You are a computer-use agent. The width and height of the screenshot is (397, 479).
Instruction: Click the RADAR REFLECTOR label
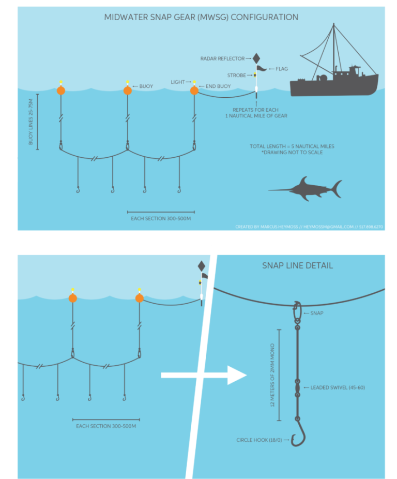point(222,58)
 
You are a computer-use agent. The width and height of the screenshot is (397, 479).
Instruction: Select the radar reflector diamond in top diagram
point(256,58)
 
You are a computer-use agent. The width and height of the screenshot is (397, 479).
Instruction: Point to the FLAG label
point(282,69)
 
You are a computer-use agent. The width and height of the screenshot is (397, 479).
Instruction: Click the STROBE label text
point(236,76)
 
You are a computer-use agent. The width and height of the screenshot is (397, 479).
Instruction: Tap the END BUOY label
point(218,86)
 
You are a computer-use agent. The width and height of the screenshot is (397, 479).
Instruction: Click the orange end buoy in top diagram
point(194,91)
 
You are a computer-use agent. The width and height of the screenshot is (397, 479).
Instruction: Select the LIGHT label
point(178,82)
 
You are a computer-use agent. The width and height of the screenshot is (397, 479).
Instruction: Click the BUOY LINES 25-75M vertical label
point(30,122)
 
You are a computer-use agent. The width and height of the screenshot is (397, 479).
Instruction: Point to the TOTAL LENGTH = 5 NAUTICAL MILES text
point(292,146)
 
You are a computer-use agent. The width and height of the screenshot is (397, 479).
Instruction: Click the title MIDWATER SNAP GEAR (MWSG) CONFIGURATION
point(201,17)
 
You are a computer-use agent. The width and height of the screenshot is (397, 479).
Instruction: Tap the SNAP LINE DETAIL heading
point(297,265)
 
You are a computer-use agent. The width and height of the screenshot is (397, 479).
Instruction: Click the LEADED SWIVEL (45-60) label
point(338,387)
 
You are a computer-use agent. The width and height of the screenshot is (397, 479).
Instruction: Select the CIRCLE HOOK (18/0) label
point(259,440)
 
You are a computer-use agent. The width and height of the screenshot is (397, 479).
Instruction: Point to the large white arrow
point(204,375)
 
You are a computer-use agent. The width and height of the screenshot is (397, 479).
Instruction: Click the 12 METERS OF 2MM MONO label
point(272,375)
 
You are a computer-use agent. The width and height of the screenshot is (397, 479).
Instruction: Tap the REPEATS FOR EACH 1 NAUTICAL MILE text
point(256,113)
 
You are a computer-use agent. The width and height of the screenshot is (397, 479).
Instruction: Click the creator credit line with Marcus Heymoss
point(309,227)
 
